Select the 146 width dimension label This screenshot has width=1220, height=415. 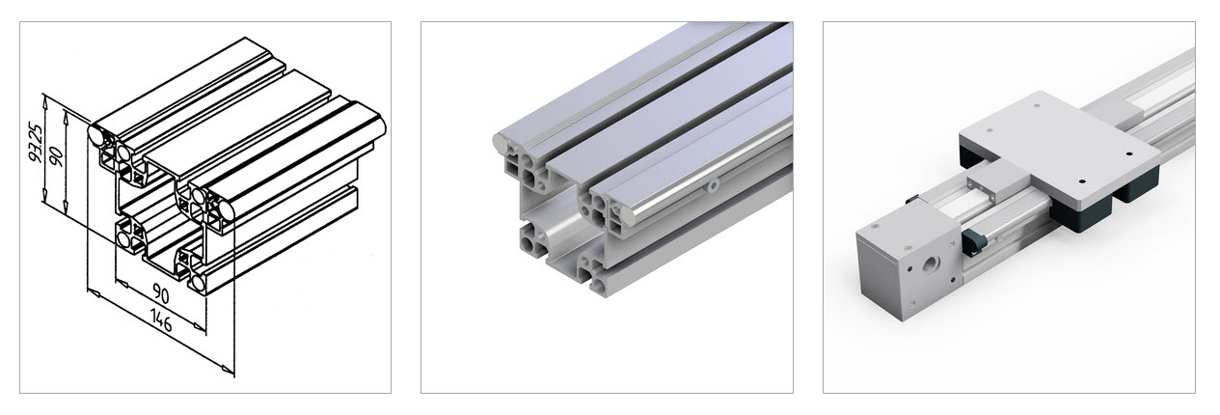pyautogui.click(x=161, y=320)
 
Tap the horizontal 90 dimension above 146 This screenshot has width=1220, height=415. pyautogui.click(x=161, y=293)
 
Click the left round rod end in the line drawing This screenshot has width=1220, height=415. pyautogui.click(x=96, y=135)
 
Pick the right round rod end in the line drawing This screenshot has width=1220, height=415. pyautogui.click(x=226, y=211)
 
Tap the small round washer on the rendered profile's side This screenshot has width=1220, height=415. pyautogui.click(x=713, y=187)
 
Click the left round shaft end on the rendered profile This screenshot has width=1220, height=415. pyautogui.click(x=500, y=143)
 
